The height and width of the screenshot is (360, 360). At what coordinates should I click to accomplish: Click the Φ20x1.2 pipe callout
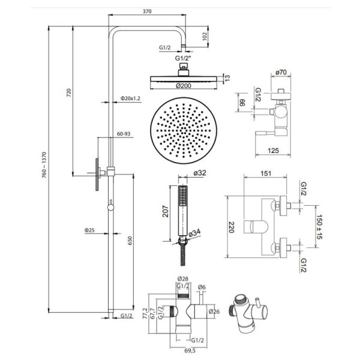tap(130, 98)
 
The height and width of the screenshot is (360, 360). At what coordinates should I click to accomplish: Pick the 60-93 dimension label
tap(124, 134)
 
